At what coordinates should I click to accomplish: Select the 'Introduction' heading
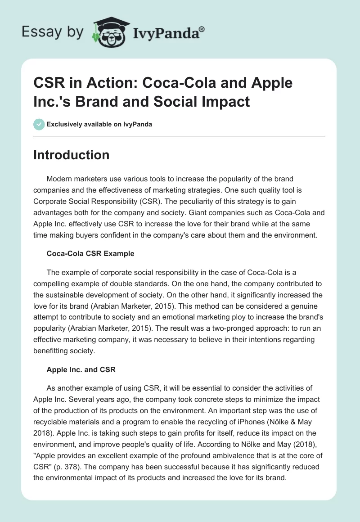72,155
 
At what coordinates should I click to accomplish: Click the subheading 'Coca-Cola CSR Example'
90,253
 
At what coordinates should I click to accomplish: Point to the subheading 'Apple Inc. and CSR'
81,369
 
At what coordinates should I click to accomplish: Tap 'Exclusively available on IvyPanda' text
99,124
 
